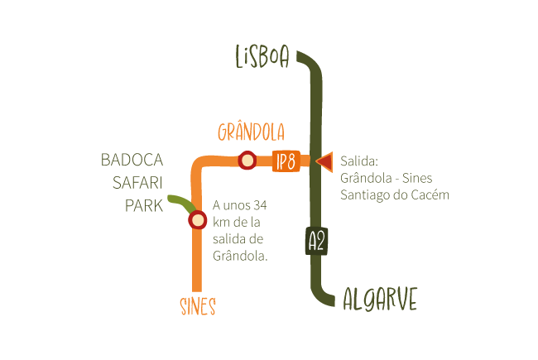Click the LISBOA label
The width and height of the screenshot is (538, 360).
[x=262, y=57]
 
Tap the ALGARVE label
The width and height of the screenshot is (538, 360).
[x=380, y=299]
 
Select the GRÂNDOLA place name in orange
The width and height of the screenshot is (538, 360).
[x=251, y=132]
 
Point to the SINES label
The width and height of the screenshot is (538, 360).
[x=198, y=307]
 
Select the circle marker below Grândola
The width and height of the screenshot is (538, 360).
[x=247, y=161]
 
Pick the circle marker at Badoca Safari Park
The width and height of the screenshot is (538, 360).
[x=197, y=220]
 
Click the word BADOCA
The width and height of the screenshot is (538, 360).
[x=132, y=159]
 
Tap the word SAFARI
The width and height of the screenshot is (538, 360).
[x=137, y=182]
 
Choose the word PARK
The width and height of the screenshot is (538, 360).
[x=144, y=205]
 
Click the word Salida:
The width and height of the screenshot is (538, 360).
[x=358, y=161]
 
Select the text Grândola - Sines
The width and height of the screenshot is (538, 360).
[x=387, y=178]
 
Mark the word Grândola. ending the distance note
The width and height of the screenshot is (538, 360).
[x=240, y=257]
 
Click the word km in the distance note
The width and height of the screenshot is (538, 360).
[x=221, y=223]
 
